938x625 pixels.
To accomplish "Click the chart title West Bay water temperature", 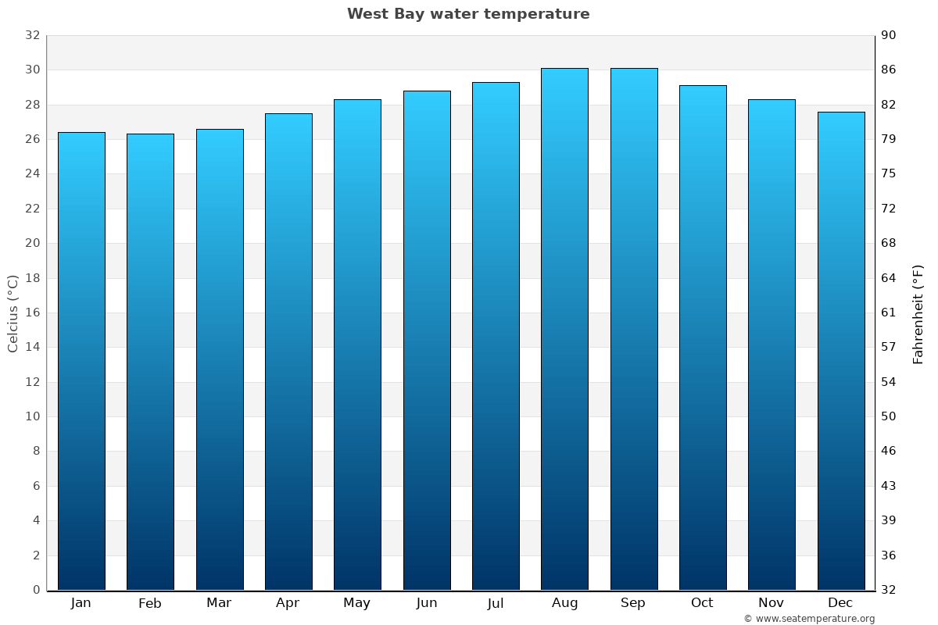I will pyautogui.click(x=468, y=14).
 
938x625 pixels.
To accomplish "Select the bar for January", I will pyautogui.click(x=81, y=361).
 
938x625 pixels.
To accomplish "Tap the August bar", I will pyautogui.click(x=564, y=329).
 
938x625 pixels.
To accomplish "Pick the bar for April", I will pyautogui.click(x=288, y=352).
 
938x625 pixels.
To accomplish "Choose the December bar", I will pyautogui.click(x=841, y=351).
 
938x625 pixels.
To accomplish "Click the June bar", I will pyautogui.click(x=427, y=341).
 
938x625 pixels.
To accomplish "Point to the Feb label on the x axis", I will pyautogui.click(x=149, y=603).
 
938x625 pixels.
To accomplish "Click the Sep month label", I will pyautogui.click(x=633, y=603).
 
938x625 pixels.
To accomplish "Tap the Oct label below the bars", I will pyautogui.click(x=702, y=603).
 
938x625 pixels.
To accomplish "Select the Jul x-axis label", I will pyautogui.click(x=496, y=603).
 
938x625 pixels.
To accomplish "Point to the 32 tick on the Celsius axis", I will pyautogui.click(x=32, y=35).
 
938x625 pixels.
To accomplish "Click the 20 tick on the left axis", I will pyautogui.click(x=32, y=243).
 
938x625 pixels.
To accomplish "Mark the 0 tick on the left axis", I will pyautogui.click(x=36, y=590).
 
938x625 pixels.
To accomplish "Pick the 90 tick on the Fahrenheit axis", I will pyautogui.click(x=890, y=35).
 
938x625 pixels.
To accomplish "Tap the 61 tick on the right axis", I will pyautogui.click(x=890, y=312).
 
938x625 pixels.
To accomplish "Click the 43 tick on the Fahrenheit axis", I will pyautogui.click(x=890, y=486).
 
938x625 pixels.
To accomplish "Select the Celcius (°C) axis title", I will pyautogui.click(x=13, y=313).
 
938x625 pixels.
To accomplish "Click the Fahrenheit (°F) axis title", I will pyautogui.click(x=918, y=313).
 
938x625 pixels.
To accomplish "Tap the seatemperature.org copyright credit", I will pyautogui.click(x=809, y=619).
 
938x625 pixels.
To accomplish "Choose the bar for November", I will pyautogui.click(x=772, y=345).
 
